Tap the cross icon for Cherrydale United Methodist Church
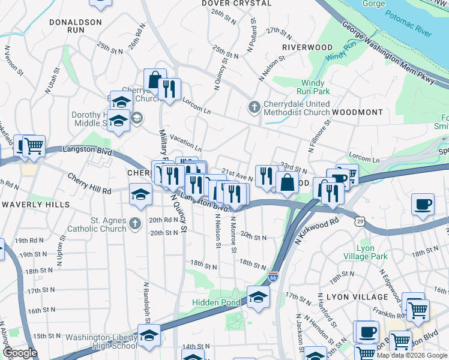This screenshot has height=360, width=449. click(x=254, y=108)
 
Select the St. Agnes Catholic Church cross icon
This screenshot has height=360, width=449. click(x=135, y=224)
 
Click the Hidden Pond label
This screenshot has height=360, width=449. click(x=215, y=302)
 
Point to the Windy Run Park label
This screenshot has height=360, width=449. click(x=316, y=88)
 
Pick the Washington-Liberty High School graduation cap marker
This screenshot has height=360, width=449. click(x=146, y=336)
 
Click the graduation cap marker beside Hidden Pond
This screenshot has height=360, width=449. click(x=257, y=296)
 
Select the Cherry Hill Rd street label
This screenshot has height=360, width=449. click(x=89, y=184)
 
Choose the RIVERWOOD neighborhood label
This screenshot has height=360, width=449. click(x=307, y=47)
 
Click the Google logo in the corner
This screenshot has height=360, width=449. click(x=20, y=353)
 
